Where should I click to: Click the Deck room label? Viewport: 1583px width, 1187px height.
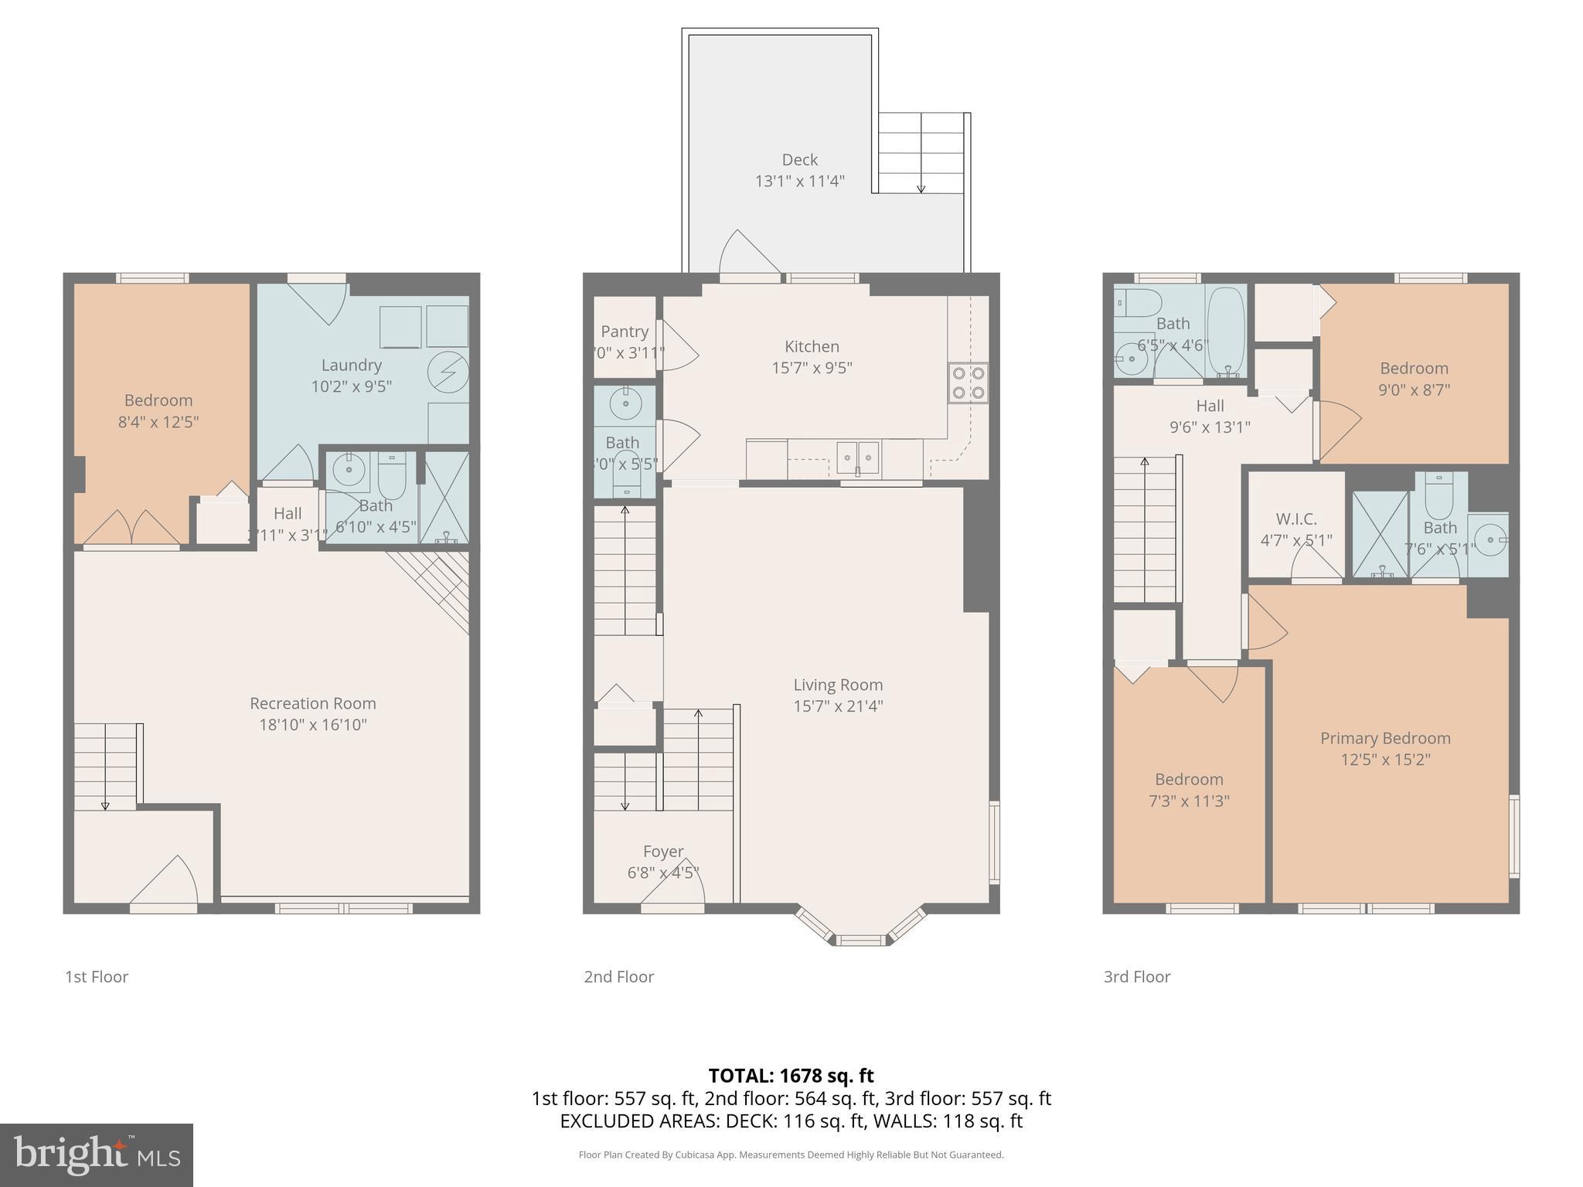pos(799,160)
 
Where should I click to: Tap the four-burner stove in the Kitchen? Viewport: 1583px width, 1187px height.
pos(969,383)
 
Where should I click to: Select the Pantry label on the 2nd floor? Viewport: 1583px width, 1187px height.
pos(624,332)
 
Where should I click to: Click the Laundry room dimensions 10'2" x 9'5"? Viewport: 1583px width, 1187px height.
pos(351,386)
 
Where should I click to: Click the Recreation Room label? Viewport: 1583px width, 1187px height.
pos(312,703)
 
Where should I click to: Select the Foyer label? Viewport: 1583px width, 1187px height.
pos(663,852)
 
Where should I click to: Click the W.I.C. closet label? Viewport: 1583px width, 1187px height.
pos(1296,519)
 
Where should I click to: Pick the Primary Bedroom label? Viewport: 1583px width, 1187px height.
pos(1385,738)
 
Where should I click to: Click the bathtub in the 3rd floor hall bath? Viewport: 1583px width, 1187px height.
pos(1226,331)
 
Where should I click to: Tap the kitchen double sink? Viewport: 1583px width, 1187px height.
pos(858,458)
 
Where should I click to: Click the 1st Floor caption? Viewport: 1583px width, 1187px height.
pos(97,977)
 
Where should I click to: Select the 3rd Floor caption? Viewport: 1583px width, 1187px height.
pos(1136,977)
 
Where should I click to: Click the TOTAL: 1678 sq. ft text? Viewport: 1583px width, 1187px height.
pos(791,1076)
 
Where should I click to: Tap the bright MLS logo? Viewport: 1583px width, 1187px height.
pos(97,1155)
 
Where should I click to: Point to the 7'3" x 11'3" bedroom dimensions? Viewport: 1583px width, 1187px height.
pos(1189,801)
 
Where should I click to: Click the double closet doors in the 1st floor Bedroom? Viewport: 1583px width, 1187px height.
pos(132,527)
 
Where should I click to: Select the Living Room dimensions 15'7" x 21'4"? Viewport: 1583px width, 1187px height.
pos(838,706)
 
